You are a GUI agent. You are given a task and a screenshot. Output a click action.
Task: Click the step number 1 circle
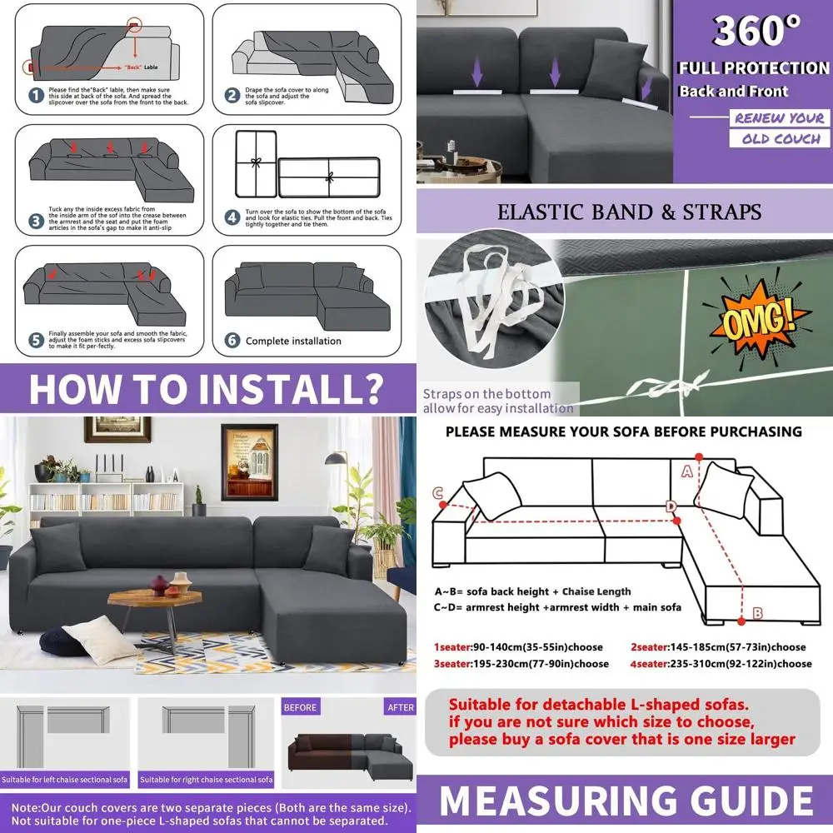(35, 95)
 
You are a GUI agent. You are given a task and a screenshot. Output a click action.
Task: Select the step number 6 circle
(233, 341)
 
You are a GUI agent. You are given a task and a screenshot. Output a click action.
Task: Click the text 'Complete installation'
(293, 341)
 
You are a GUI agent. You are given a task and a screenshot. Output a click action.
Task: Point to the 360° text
(756, 32)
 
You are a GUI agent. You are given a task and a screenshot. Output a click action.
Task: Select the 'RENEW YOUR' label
(779, 117)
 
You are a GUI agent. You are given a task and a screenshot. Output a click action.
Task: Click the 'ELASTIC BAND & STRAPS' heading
(629, 212)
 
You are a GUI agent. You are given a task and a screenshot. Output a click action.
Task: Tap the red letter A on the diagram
(687, 471)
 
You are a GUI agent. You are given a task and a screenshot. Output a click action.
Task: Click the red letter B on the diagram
(757, 614)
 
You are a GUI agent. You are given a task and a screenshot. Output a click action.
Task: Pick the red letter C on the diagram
(437, 493)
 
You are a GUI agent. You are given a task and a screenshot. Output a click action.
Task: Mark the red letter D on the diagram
(671, 506)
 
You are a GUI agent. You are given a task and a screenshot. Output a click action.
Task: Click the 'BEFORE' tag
(300, 707)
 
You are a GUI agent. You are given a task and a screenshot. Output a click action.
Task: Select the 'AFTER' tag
(400, 707)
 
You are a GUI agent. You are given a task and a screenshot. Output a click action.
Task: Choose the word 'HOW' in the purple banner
(75, 387)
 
